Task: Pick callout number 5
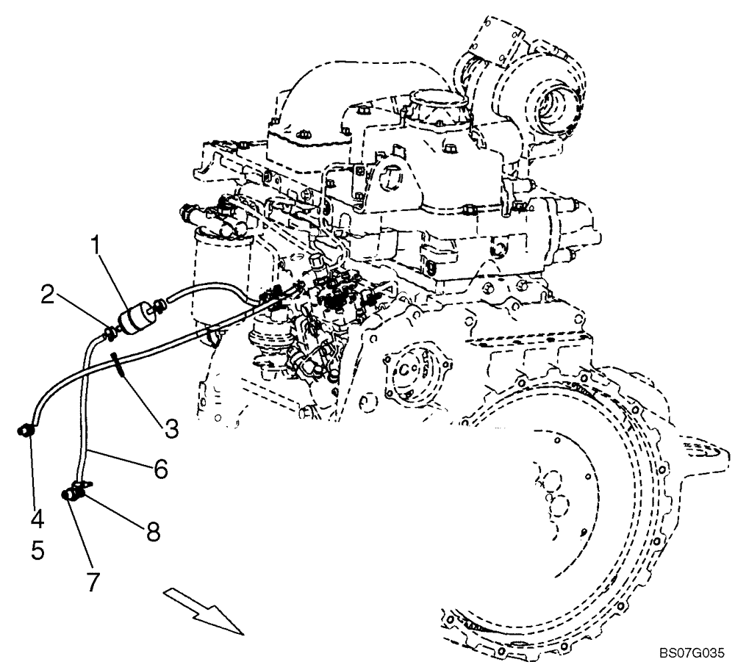point(37,550)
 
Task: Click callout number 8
point(153,532)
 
